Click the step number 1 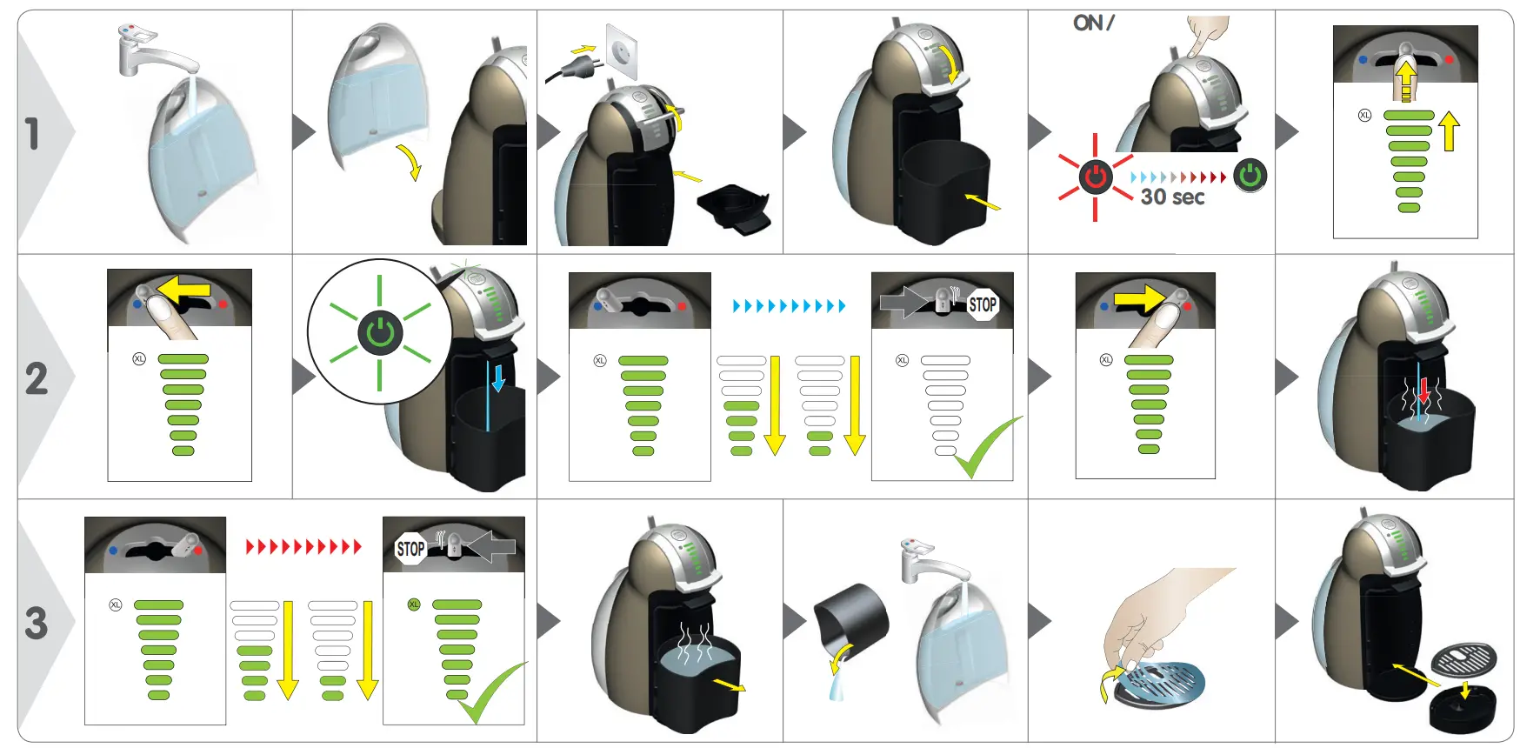(32, 133)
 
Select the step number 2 (36, 378)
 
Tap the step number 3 (36, 623)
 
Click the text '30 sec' (1172, 197)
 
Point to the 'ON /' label (1093, 23)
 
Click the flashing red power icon (1095, 177)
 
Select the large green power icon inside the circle (380, 331)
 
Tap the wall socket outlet (622, 50)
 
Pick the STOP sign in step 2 (983, 304)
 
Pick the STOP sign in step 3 (410, 549)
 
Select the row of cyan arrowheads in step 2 (789, 306)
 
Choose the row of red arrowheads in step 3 (303, 546)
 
